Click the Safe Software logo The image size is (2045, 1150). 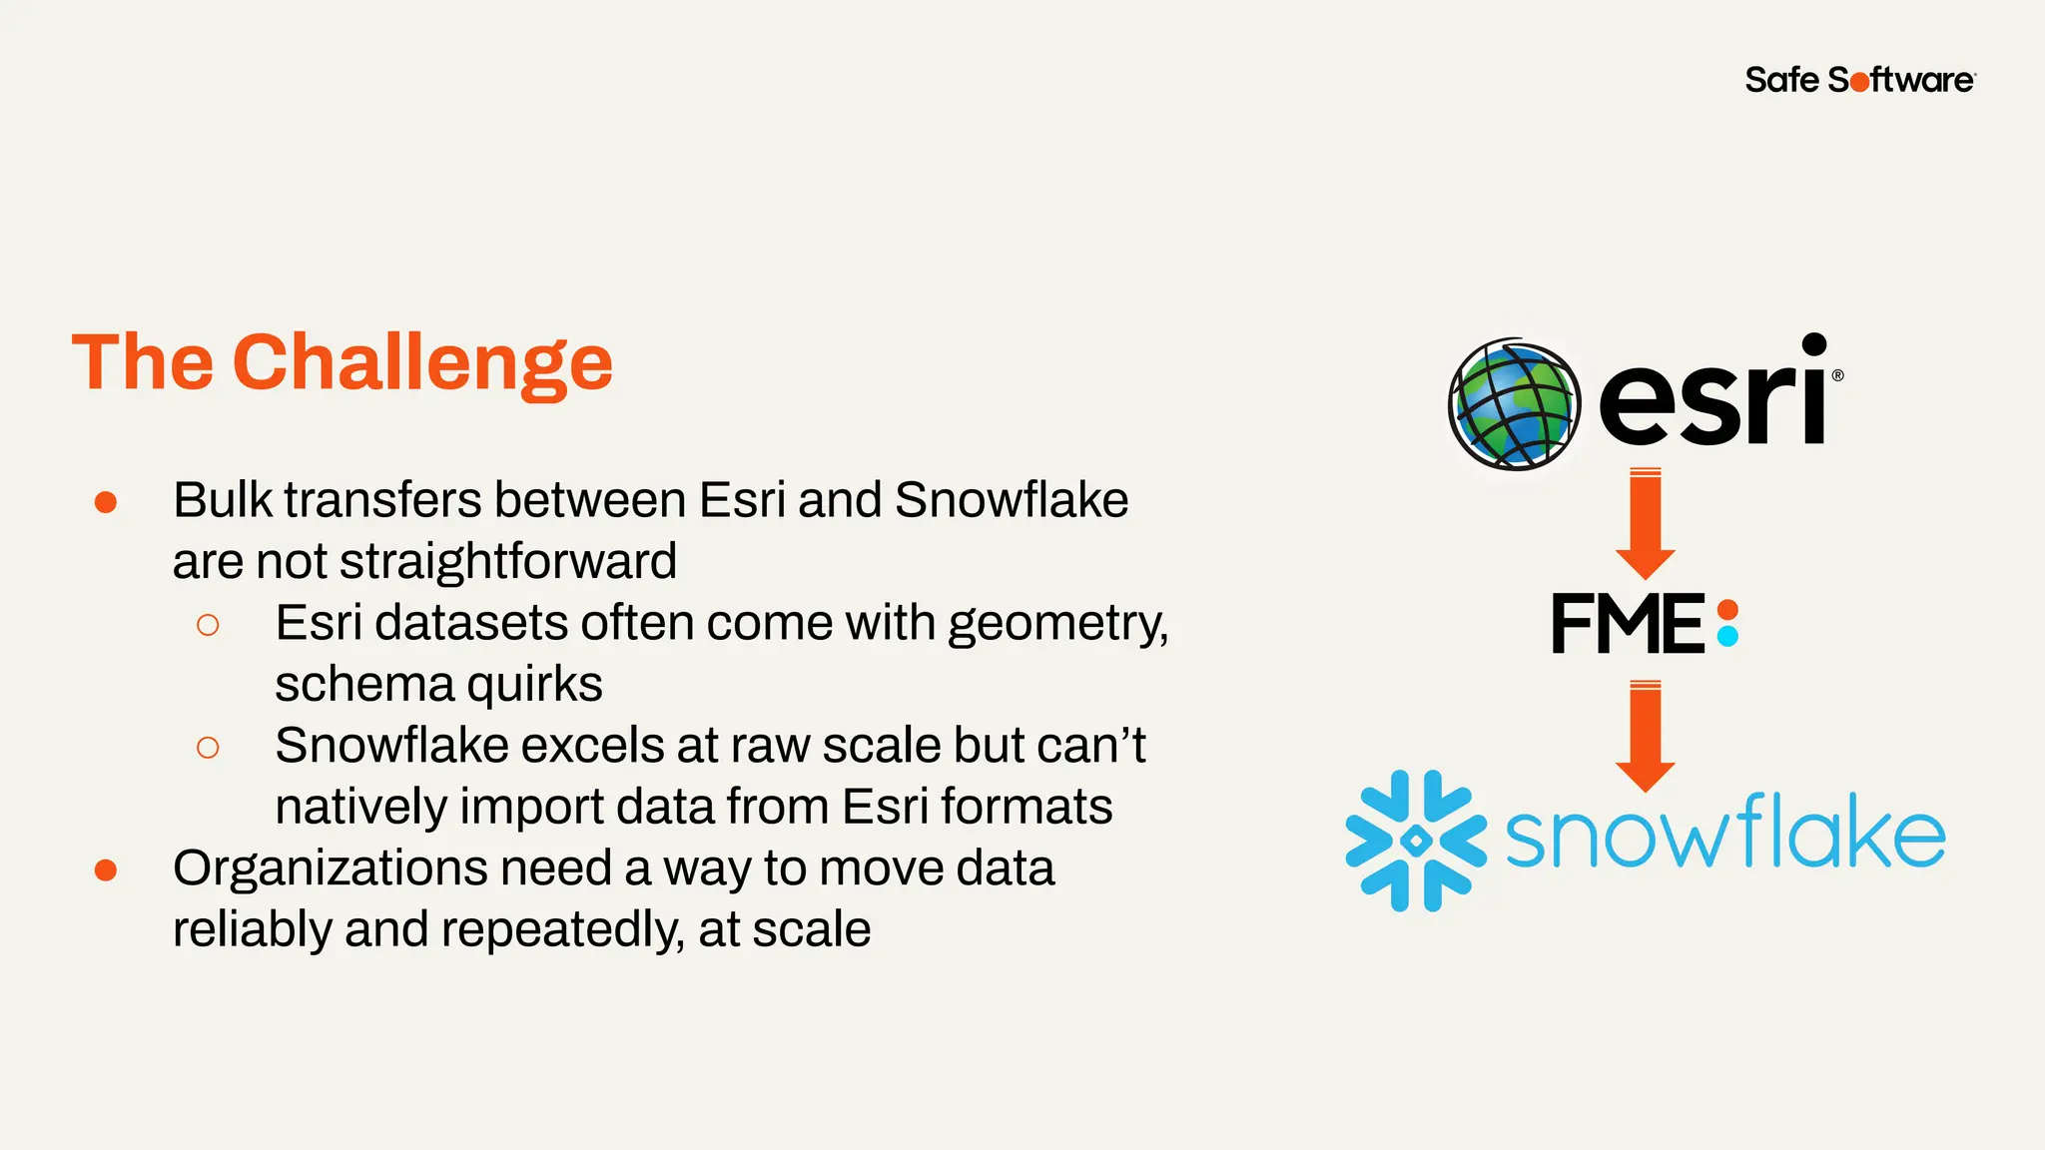(1859, 80)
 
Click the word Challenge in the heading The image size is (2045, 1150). (422, 363)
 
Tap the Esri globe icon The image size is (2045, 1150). (1514, 404)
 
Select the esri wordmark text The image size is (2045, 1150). (1713, 393)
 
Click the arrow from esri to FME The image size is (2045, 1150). (1645, 523)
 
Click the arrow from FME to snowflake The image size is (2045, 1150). (1645, 736)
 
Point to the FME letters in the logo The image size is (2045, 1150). (1628, 624)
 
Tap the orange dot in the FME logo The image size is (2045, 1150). (1727, 610)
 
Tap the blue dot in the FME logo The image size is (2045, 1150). (1727, 636)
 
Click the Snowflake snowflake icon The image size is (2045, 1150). (1416, 841)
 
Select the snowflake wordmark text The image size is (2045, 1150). (1724, 835)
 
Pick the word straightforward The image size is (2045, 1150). (508, 561)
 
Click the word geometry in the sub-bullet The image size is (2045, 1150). (1056, 624)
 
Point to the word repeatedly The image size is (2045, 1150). (562, 929)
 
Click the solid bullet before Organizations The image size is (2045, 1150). (106, 870)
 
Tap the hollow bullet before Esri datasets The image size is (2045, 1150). (208, 625)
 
